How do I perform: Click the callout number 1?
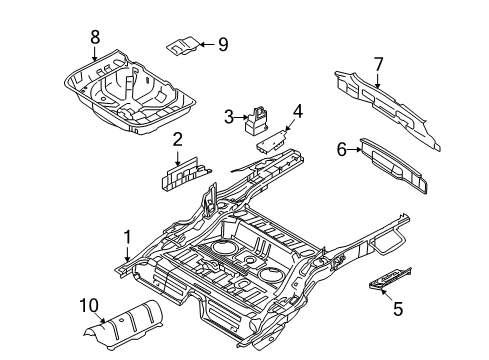[127, 238]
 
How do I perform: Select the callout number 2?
[177, 140]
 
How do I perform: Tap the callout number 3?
[229, 117]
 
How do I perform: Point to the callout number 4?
[297, 111]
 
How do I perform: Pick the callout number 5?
[398, 309]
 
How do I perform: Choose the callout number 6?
[342, 149]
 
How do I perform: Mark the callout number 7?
[378, 65]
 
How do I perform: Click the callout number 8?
[95, 37]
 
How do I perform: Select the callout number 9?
[223, 44]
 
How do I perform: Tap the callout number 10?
[89, 306]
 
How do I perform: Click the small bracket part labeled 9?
[183, 45]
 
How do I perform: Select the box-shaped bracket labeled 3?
[256, 121]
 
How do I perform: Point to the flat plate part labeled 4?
[273, 141]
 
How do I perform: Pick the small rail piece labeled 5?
[390, 278]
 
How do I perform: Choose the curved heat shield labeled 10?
[124, 325]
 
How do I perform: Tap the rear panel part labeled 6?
[393, 165]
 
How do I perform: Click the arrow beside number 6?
[354, 150]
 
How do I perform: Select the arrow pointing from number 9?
[207, 44]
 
